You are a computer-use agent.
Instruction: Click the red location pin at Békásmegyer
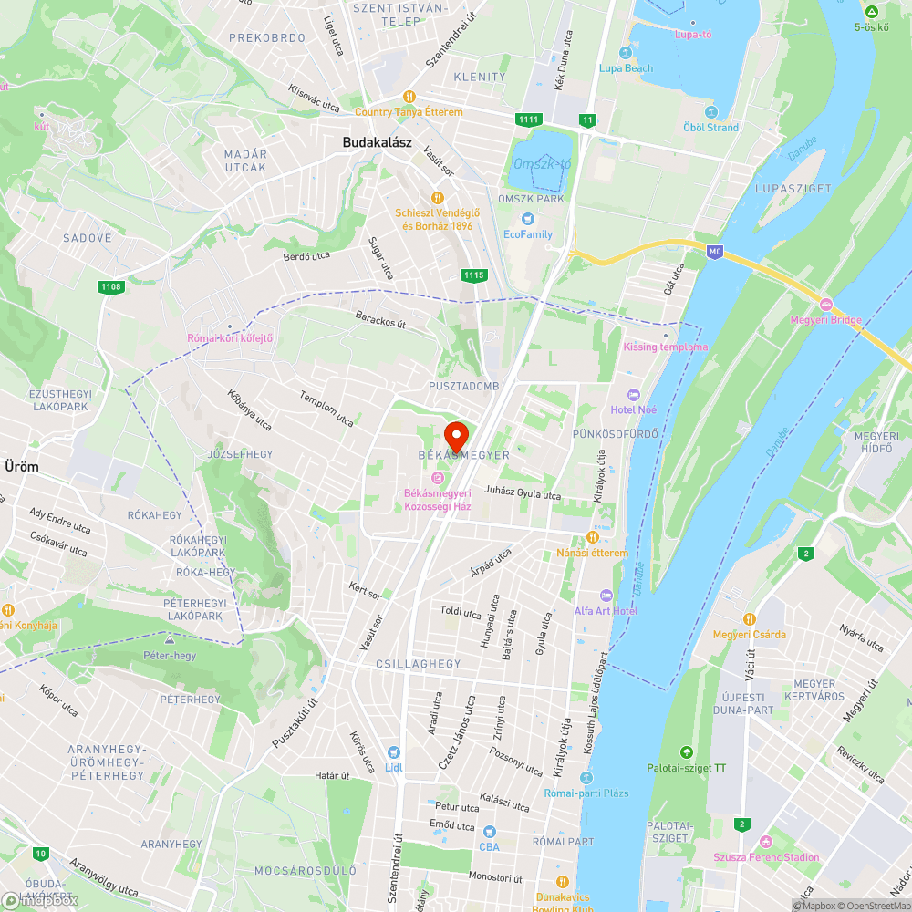pos(455,435)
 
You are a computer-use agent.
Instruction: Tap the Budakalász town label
pos(378,142)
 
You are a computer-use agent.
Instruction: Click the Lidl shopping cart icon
pos(394,752)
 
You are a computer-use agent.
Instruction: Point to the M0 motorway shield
pos(716,252)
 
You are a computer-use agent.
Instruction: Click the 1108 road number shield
pos(111,287)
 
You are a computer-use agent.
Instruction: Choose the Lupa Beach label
pos(626,68)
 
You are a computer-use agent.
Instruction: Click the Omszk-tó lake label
pos(542,164)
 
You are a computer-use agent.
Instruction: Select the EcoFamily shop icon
pos(527,219)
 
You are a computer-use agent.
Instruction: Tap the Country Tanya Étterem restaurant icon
pos(409,97)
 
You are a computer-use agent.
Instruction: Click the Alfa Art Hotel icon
pos(606,595)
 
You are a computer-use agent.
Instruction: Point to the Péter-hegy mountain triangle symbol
pos(169,640)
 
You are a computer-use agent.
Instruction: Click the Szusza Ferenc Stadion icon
pos(765,841)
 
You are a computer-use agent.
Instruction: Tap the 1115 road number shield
pos(473,275)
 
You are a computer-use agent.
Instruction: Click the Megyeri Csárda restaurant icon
pos(750,618)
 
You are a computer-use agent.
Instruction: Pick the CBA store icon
pos(489,832)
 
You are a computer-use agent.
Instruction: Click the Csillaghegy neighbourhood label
pos(419,664)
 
